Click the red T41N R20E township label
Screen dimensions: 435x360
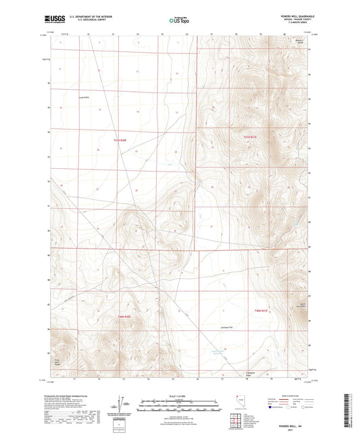(x=120, y=140)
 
